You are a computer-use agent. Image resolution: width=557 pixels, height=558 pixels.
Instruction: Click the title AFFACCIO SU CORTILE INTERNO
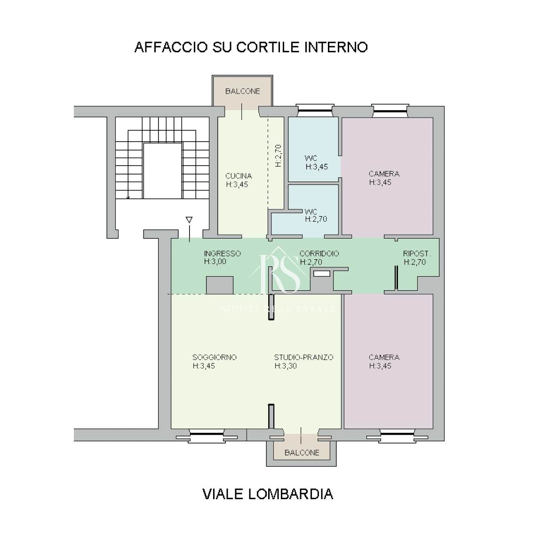coord(251,47)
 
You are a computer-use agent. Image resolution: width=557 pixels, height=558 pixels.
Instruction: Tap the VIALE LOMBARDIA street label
coord(268,494)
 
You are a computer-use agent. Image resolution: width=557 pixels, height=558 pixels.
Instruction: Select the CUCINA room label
coord(239,176)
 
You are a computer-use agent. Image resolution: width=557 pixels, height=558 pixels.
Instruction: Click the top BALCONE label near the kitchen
coord(242,91)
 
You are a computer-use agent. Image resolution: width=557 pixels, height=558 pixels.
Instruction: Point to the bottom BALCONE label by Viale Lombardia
coord(302,453)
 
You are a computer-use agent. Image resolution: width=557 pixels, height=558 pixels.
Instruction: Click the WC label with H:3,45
coord(310,158)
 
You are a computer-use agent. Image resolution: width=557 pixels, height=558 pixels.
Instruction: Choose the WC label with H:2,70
coord(310,212)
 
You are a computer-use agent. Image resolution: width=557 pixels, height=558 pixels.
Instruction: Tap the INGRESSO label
coord(222,254)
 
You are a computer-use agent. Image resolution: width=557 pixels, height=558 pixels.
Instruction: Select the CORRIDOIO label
coord(319,254)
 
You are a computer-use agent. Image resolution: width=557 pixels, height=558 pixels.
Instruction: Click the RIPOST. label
coord(416,254)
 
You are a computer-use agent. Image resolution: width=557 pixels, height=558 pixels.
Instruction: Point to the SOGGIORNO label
coord(214,357)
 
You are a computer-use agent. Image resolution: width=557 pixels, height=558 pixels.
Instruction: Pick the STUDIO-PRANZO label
coord(303,357)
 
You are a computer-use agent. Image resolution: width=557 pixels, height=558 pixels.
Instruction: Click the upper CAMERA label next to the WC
coord(384,174)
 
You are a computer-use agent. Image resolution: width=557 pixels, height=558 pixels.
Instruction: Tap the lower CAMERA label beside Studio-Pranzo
coord(384,357)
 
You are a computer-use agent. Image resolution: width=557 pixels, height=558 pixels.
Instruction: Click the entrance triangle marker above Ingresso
coord(189,220)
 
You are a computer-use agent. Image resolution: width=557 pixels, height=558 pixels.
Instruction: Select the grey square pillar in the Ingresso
coord(220,286)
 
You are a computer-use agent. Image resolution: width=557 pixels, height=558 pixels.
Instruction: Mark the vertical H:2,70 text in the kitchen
coord(278,156)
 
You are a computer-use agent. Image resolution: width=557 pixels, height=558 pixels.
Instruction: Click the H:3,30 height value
coord(286,366)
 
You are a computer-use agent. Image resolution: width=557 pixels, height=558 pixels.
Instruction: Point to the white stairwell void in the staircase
coord(162,171)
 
